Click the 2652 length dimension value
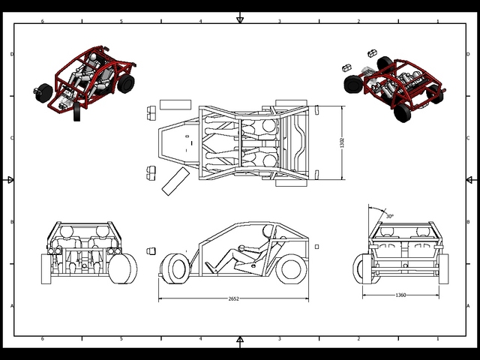[233, 298]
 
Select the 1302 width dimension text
[342, 142]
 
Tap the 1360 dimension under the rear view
[400, 295]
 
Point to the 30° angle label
[389, 215]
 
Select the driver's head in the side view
[268, 233]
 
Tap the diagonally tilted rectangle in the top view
[176, 181]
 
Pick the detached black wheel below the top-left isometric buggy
[78, 113]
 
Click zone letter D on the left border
[12, 54]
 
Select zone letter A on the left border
[12, 306]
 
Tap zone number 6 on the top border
[43, 21]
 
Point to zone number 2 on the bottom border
[358, 338]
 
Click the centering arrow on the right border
[469, 180]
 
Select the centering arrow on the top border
[240, 18]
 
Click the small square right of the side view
[317, 246]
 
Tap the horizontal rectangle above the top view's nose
[176, 103]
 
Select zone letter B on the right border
[469, 222]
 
